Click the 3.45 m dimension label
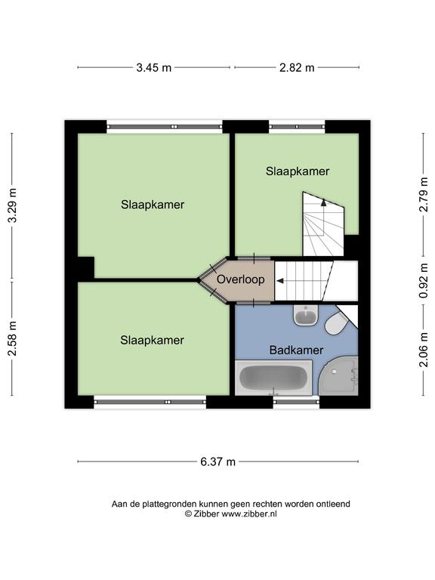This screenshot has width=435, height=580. point(154,68)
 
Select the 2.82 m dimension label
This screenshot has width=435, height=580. point(297,68)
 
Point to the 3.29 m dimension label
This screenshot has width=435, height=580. point(13,205)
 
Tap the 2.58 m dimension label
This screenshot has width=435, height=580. point(13,338)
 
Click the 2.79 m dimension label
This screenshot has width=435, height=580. point(423,194)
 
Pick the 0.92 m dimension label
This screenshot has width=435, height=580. point(423,281)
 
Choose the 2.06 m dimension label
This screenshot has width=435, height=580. point(423,350)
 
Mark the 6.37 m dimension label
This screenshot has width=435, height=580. point(217,462)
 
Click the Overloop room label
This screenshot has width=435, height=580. point(241,279)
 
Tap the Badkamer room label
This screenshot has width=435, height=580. point(296,350)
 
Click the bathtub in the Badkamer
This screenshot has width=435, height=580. point(273,378)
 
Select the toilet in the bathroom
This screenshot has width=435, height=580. point(337,323)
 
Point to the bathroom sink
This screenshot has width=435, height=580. point(306,316)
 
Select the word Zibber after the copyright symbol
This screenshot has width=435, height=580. point(206,514)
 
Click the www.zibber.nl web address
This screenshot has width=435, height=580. point(249,514)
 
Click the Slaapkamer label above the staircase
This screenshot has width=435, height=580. point(298,171)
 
